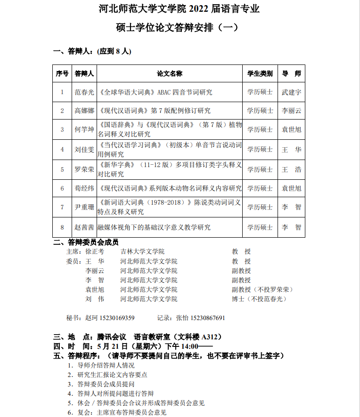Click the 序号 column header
(x=62, y=74)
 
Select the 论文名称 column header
(x=170, y=74)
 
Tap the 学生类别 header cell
(x=260, y=74)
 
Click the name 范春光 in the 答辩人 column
(x=84, y=92)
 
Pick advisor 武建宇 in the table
(x=291, y=92)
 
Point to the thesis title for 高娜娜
(x=155, y=111)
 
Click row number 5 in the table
(x=62, y=169)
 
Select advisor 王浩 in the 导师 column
(x=291, y=169)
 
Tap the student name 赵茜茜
(x=84, y=227)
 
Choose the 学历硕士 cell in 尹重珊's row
(x=260, y=207)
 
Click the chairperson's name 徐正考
(x=95, y=252)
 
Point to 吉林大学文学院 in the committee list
(x=142, y=252)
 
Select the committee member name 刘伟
(x=95, y=299)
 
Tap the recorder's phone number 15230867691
(x=208, y=318)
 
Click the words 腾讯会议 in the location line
(x=111, y=337)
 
